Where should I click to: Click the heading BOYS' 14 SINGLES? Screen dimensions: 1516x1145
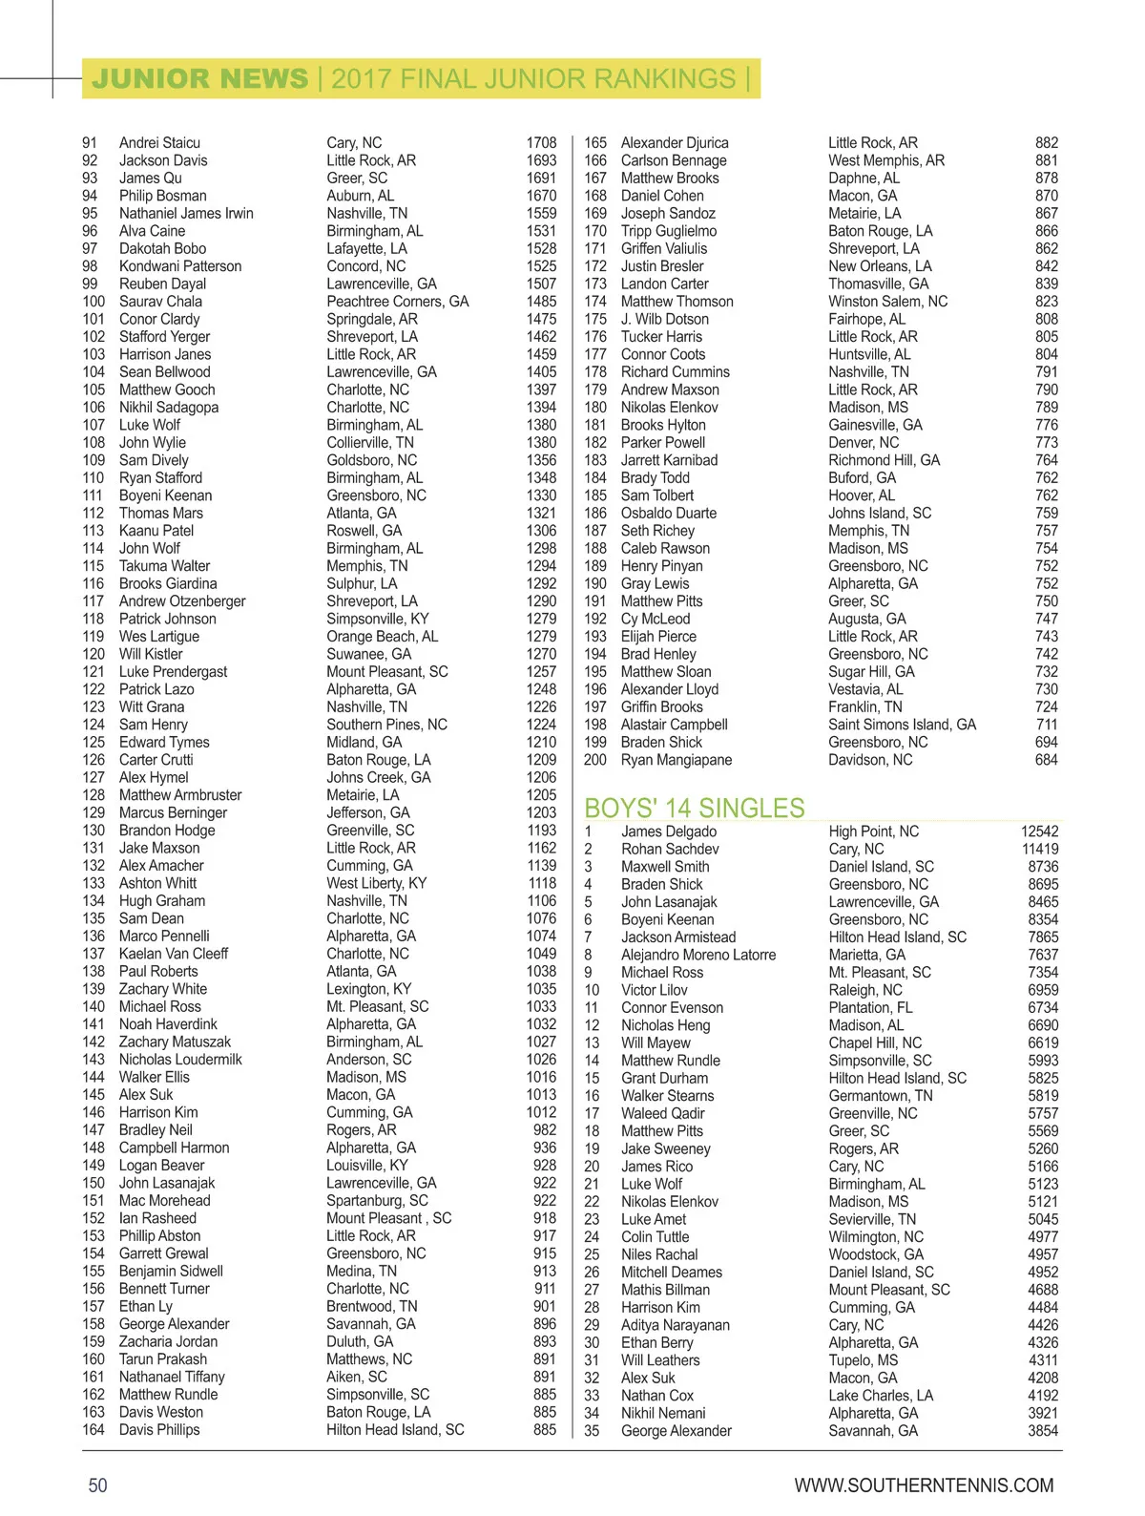tap(694, 808)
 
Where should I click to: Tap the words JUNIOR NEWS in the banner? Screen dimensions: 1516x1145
tap(199, 78)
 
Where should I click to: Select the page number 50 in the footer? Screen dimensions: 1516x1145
tap(97, 1485)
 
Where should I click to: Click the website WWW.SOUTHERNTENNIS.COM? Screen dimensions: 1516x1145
tap(924, 1485)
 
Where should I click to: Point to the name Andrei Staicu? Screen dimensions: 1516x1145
tap(159, 142)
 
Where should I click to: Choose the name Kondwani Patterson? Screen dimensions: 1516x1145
tap(180, 266)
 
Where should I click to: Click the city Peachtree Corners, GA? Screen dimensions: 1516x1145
tap(397, 302)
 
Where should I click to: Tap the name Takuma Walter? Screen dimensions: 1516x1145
tap(164, 566)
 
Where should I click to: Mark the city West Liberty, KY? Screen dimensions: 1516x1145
tap(376, 883)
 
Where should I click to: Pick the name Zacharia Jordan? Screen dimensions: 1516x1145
tap(168, 1341)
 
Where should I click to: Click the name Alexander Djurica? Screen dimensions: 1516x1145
tap(674, 142)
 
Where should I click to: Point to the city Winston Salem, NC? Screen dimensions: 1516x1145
tap(887, 302)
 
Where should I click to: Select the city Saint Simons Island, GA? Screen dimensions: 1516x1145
tap(902, 725)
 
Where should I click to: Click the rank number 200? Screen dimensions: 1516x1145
tap(594, 760)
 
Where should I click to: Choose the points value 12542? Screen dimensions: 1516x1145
tap(1039, 832)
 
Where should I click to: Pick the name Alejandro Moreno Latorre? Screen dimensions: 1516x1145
tap(697, 955)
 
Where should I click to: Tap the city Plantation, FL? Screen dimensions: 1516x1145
tap(870, 1007)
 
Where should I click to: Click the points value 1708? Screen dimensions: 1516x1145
tap(541, 142)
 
